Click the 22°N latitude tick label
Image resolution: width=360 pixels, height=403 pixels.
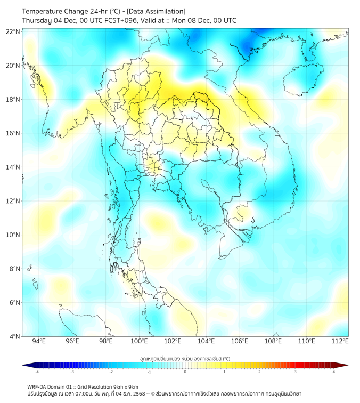[13, 31]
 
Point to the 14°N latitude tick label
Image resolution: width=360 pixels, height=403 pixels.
[13, 167]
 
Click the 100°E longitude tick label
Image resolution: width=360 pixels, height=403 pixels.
[139, 341]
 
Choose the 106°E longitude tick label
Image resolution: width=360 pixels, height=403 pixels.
[240, 341]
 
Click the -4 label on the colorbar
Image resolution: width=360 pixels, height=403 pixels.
[36, 372]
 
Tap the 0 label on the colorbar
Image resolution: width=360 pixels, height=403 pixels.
[185, 372]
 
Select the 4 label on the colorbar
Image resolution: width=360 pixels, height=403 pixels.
[334, 372]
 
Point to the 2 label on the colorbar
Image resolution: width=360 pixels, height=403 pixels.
[259, 372]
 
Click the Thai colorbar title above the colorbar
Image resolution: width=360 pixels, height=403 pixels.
[185, 358]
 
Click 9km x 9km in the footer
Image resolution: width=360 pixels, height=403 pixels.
[126, 386]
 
